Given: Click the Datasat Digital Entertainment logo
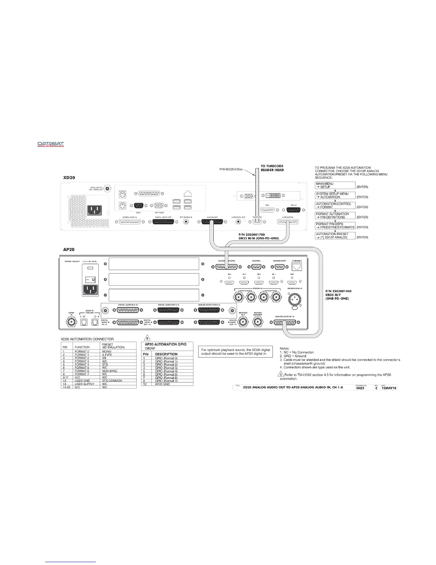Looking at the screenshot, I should tap(51, 144).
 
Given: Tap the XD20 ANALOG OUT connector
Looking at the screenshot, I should tap(212, 222).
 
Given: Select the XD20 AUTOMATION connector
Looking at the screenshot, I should tap(288, 222).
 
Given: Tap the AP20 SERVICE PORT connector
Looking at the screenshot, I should tap(279, 266).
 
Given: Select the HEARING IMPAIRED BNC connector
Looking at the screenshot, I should tap(258, 322).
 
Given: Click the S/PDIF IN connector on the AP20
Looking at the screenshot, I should tap(71, 322).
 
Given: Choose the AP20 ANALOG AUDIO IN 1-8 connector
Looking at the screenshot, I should tap(284, 322).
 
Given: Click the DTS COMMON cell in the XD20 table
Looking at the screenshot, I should tap(112, 381).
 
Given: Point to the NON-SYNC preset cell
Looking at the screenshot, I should tap(110, 371).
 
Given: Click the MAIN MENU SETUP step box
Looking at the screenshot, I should tap(335, 185).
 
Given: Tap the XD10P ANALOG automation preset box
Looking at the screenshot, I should tap(335, 235).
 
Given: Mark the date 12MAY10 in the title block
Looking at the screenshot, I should tap(389, 388).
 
